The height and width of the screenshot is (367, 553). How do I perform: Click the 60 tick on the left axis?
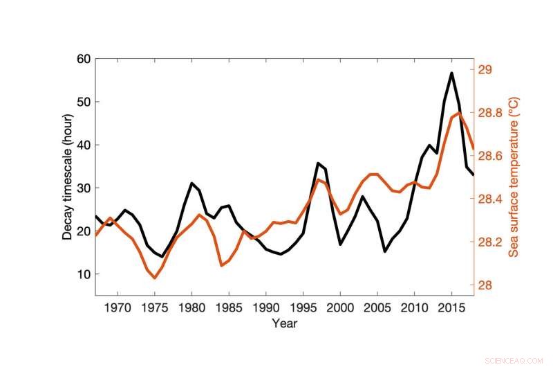pos(82,59)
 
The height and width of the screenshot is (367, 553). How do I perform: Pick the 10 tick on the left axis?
pos(82,274)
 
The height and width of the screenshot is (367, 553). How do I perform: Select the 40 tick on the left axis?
pos(82,145)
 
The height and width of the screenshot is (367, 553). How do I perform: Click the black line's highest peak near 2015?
pos(451,73)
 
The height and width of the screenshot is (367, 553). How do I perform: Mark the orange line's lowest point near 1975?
pos(155,278)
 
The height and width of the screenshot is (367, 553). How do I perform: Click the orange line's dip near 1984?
pos(221,265)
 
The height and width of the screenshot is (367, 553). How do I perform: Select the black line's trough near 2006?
pos(384,251)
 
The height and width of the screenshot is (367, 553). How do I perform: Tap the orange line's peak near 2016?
pos(458,113)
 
